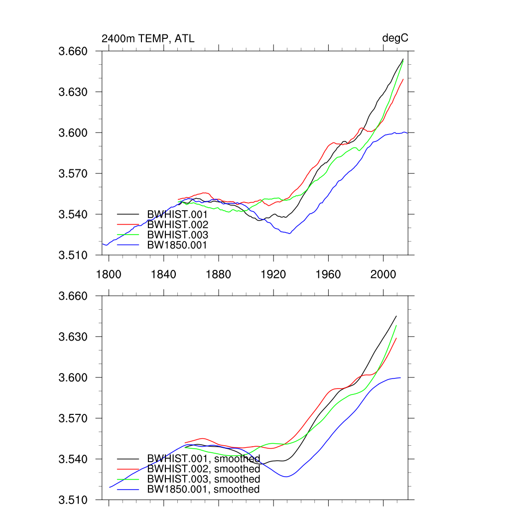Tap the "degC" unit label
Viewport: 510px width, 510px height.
coord(395,38)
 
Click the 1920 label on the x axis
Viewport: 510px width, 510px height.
coord(273,274)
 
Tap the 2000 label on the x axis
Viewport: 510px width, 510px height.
coord(383,274)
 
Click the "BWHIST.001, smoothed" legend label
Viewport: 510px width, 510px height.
coord(203,459)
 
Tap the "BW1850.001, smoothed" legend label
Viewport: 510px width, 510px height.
coord(203,490)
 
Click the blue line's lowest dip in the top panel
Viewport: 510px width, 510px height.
coord(289,234)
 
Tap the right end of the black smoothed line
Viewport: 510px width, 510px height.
coord(396,316)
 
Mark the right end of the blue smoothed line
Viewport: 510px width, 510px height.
coord(400,378)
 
